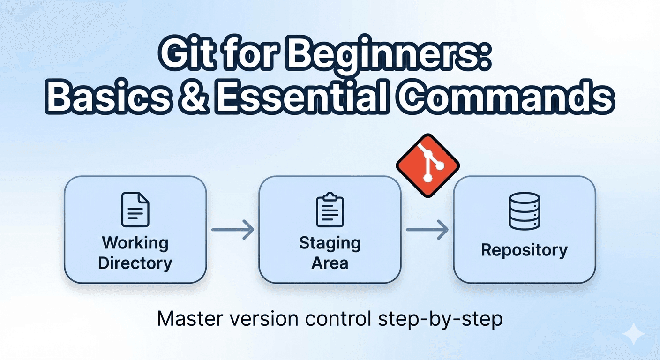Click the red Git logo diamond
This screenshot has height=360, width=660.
click(x=428, y=165)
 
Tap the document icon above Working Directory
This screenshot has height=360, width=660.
click(x=135, y=210)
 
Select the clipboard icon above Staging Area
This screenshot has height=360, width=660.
click(x=330, y=210)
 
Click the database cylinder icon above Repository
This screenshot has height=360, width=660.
click(x=525, y=211)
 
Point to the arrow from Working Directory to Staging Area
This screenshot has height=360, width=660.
click(x=233, y=230)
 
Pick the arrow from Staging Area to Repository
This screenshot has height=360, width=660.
click(x=427, y=230)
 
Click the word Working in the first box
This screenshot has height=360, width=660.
click(x=135, y=243)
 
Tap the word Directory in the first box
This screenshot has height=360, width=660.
click(x=135, y=263)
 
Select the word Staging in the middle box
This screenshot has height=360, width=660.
click(x=330, y=243)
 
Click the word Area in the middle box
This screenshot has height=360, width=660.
click(x=330, y=263)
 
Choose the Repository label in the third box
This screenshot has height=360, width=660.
click(x=524, y=250)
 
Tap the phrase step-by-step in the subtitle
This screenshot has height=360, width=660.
click(x=440, y=319)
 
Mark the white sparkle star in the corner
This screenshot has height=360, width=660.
click(x=634, y=334)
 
